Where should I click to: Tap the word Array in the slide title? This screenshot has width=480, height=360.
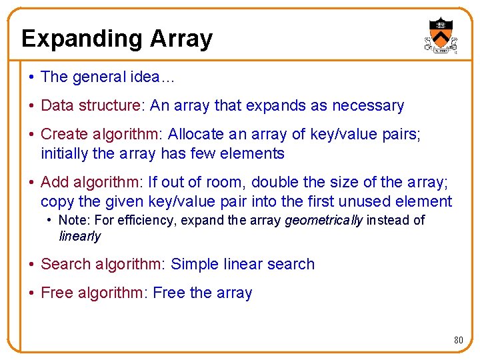point(181,39)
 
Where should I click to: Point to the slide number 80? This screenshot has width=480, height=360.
point(458,340)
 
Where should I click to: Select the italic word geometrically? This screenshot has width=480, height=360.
point(323,220)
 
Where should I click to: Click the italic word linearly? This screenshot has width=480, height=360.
point(79,236)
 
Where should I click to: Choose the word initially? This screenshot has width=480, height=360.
point(64,153)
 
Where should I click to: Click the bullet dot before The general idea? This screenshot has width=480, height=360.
point(31,77)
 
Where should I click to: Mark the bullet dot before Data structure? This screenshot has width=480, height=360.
point(31,105)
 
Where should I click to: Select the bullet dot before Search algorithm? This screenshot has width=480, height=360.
point(31,264)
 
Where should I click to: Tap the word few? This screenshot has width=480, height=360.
point(205,153)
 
